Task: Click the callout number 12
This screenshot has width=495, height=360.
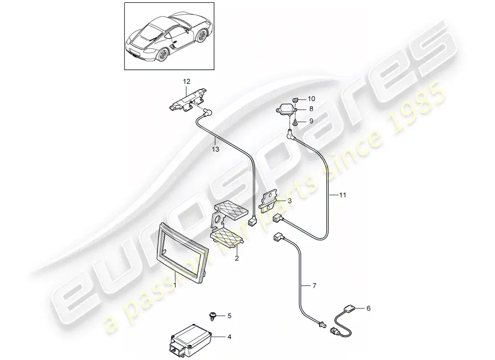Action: click(187, 81)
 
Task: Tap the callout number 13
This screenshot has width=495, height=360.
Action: click(215, 149)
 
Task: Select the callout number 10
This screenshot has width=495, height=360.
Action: click(311, 99)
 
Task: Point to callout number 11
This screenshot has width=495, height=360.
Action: click(342, 195)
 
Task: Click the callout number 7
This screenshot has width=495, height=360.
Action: click(314, 286)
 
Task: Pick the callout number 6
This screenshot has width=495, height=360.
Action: click(369, 308)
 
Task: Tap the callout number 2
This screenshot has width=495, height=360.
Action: click(237, 258)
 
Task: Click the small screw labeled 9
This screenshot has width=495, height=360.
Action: click(294, 122)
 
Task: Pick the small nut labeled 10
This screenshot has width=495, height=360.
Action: click(296, 100)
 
